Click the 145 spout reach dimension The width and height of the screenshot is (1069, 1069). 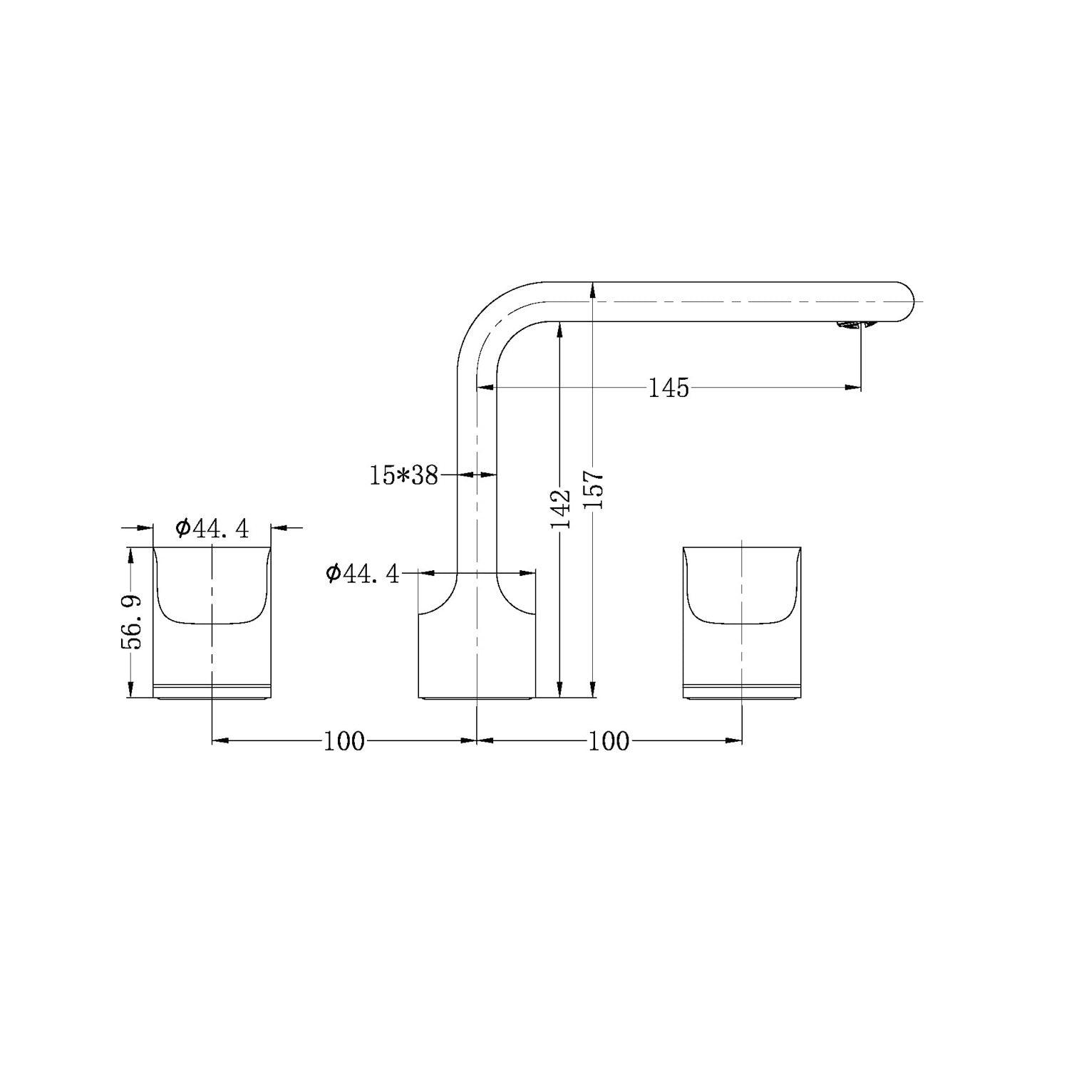coord(668,388)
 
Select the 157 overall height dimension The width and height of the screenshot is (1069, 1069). coord(594,489)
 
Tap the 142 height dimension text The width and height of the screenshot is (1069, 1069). coord(561,509)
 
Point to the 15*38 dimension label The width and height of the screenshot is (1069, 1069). coord(403,475)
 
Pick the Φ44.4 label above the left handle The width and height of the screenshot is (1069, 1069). coord(212,528)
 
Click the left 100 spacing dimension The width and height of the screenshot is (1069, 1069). coord(344,741)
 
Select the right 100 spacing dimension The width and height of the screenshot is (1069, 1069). coord(609,741)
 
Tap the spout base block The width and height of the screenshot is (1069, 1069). coord(476,656)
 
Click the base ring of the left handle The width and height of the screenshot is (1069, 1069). coord(212,691)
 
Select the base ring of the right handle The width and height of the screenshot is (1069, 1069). coord(742,691)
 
